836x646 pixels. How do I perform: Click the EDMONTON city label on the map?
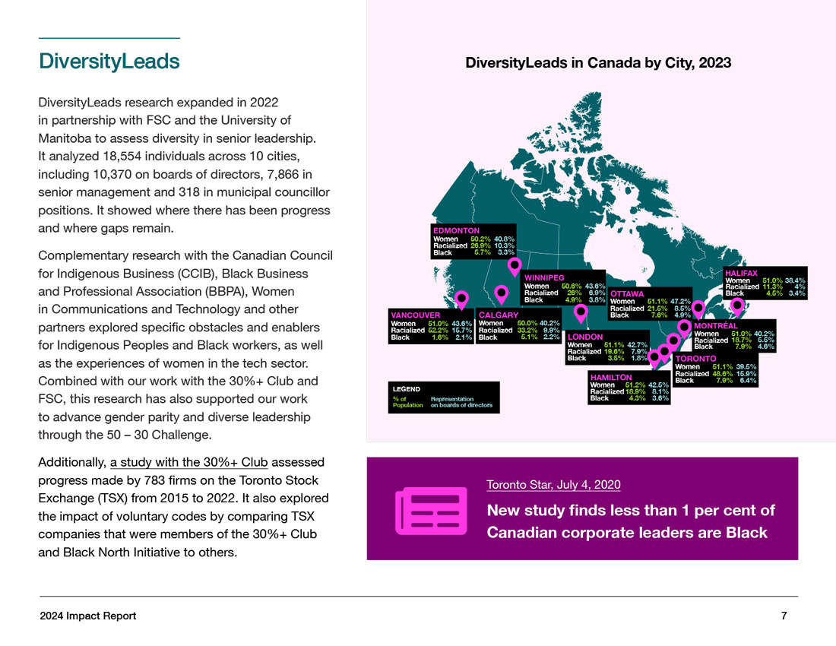456,230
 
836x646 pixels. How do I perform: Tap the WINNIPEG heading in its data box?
544,278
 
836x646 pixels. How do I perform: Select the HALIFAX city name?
741,273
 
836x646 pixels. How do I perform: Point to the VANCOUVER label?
415,315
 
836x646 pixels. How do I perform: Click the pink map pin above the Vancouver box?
461,299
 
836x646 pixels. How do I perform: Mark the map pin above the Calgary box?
501,293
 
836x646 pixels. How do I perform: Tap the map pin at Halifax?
736,306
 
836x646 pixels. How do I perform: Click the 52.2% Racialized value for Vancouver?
438,331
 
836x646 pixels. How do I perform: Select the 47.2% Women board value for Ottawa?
680,301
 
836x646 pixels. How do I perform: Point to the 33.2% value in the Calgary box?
527,331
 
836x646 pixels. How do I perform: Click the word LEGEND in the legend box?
407,389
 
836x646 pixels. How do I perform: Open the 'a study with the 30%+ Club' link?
189,462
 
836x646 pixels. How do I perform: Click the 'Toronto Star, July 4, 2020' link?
553,485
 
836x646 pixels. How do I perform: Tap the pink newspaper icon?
431,511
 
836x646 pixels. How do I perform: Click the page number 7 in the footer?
784,616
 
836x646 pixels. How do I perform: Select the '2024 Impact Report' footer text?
88,616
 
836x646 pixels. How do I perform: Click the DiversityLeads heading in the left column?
109,62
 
